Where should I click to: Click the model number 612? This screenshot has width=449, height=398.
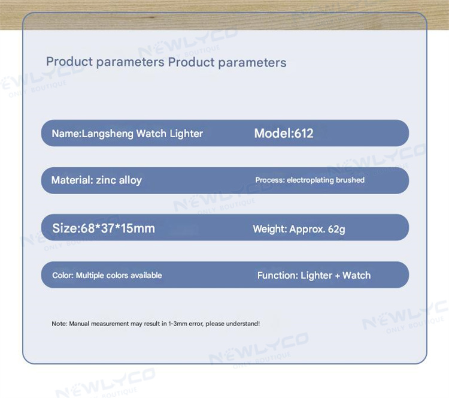tap(304, 133)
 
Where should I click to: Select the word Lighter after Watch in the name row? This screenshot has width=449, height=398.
tap(186, 134)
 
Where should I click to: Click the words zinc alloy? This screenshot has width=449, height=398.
tap(119, 180)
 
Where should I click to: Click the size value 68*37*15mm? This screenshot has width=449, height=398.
tap(118, 228)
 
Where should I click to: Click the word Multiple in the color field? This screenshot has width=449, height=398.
tap(90, 276)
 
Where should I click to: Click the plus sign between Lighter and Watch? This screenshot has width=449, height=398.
tap(337, 276)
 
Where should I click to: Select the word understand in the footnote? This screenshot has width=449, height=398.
tap(242, 324)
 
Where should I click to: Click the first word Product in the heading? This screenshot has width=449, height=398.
tap(69, 62)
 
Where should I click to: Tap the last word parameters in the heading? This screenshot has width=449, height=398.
tap(252, 63)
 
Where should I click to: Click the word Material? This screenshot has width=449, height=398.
tap(71, 180)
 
